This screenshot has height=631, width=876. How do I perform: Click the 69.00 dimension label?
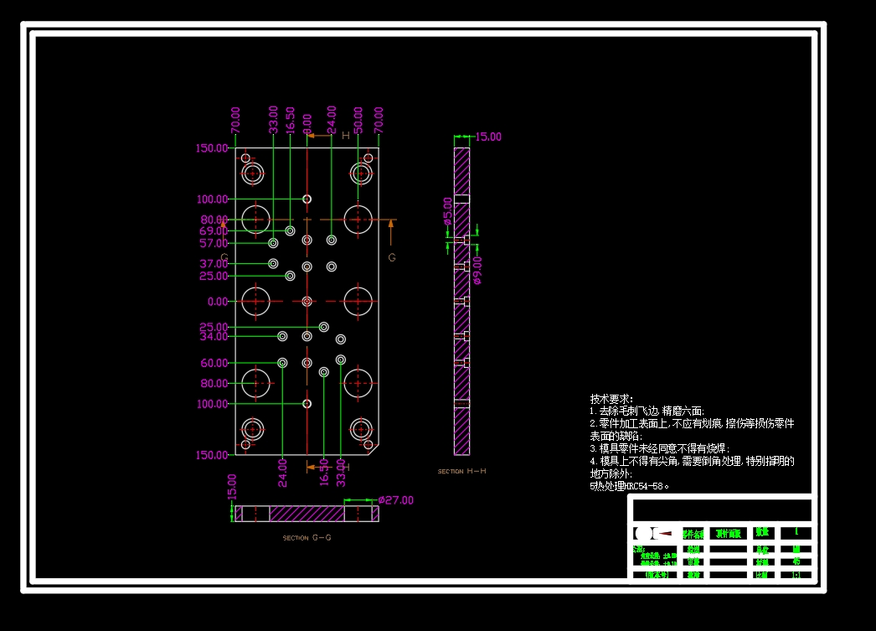[x=213, y=230]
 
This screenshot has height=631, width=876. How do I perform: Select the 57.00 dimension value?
[x=213, y=243]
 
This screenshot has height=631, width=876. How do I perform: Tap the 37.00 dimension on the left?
[x=213, y=263]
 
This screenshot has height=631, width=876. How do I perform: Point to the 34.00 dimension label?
[x=213, y=336]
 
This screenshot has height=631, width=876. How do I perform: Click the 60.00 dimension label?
[x=213, y=363]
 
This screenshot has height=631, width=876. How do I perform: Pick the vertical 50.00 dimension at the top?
[x=358, y=120]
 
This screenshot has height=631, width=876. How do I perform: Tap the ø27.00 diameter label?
[x=395, y=500]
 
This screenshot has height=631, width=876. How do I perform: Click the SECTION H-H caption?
[x=461, y=472]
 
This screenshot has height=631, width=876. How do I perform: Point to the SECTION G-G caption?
[x=307, y=538]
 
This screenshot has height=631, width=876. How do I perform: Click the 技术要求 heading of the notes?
[x=611, y=399]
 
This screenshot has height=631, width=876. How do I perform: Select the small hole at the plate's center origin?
[x=307, y=301]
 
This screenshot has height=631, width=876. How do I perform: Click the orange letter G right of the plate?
[x=391, y=257]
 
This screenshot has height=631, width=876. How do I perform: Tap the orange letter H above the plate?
[x=345, y=135]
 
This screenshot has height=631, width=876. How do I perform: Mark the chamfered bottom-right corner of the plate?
[x=374, y=449]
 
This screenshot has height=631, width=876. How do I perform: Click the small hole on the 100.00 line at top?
[x=307, y=199]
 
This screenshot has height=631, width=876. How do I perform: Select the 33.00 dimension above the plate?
[x=273, y=120]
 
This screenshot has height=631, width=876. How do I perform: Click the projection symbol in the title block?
[x=653, y=534]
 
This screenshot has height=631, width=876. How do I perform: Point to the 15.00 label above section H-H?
[x=488, y=137]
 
